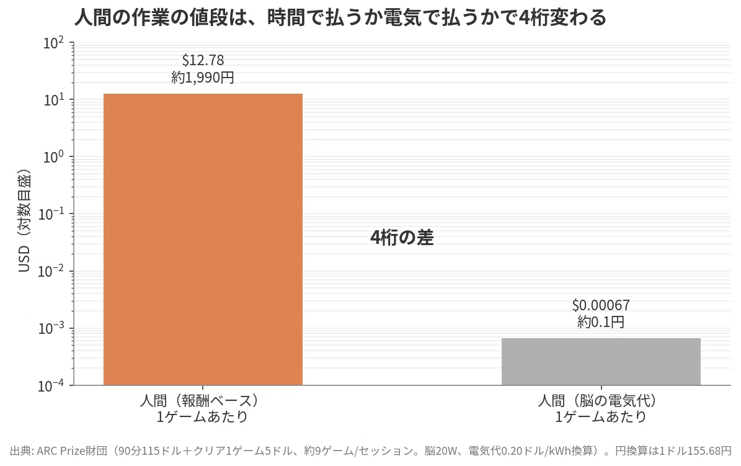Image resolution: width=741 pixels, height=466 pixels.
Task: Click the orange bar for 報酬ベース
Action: coord(203,240)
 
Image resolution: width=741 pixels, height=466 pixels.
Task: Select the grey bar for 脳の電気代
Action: coord(601,362)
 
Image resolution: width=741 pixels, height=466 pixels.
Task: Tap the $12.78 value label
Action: coord(203,60)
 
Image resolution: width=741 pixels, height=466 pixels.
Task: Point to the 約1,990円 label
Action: coord(203,77)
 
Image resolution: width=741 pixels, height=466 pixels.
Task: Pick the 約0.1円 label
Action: coord(601,322)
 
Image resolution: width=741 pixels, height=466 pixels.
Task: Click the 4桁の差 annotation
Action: coord(402,238)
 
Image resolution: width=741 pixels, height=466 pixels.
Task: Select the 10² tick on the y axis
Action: coord(53,43)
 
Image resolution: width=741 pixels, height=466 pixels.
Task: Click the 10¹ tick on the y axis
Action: coord(53,101)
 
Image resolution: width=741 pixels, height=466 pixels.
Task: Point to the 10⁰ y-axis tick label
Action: coord(53,157)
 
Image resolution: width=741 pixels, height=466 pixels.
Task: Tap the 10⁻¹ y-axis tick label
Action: coord(51,214)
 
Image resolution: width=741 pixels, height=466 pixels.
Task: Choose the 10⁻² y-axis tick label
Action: coord(51,272)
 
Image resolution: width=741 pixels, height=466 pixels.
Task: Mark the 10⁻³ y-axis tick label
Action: coord(51,328)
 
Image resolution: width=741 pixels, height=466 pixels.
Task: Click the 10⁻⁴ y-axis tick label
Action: coord(51,386)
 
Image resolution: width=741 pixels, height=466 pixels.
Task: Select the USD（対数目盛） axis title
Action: coord(24,220)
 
